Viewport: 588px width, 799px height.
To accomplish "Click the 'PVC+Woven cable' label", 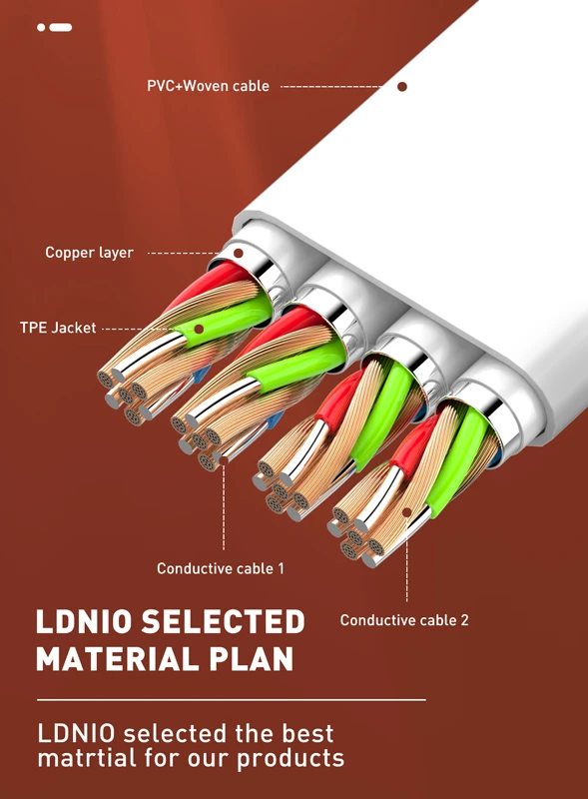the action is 208,86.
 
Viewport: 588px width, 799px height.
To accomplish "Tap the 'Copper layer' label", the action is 89,253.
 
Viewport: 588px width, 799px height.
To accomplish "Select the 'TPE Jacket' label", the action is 58,328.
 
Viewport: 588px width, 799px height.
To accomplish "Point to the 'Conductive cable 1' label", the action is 220,568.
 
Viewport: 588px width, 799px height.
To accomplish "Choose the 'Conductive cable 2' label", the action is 404,620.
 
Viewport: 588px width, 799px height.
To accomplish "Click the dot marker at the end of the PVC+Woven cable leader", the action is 402,87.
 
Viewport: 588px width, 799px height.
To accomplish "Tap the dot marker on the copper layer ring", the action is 238,253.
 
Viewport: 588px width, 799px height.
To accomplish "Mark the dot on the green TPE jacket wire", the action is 200,330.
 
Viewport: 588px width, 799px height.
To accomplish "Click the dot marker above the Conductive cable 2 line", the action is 406,511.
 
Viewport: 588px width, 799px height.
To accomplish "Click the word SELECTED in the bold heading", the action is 223,621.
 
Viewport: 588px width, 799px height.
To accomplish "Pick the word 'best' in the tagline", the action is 307,734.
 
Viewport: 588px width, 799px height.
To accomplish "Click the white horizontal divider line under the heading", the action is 232,700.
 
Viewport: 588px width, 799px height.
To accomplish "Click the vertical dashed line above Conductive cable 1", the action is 224,505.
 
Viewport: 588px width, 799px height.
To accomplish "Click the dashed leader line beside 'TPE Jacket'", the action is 147,330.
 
